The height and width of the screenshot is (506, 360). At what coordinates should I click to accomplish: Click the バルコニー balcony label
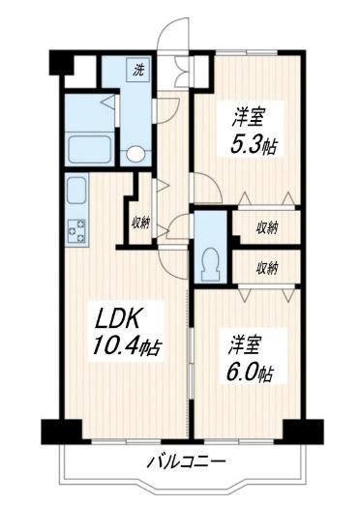click(187, 461)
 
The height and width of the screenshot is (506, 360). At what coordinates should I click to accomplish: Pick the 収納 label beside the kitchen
click(141, 223)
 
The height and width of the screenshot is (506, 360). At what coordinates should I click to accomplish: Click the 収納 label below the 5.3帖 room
click(268, 227)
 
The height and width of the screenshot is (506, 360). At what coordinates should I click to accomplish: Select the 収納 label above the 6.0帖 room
click(268, 267)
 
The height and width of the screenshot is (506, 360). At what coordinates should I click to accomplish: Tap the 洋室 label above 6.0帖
click(247, 342)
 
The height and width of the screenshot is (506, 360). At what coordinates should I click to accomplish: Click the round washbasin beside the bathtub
click(136, 152)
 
